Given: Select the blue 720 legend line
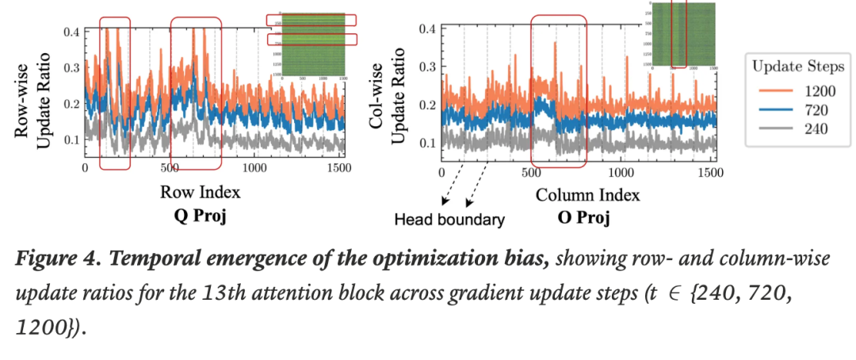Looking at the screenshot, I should [x=771, y=109].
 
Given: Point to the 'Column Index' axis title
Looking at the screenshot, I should [x=587, y=193].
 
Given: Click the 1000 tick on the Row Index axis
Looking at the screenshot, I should [x=254, y=169].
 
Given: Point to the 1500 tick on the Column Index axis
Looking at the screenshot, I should [x=710, y=172].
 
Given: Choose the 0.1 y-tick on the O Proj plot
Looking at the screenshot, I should [x=428, y=142].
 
